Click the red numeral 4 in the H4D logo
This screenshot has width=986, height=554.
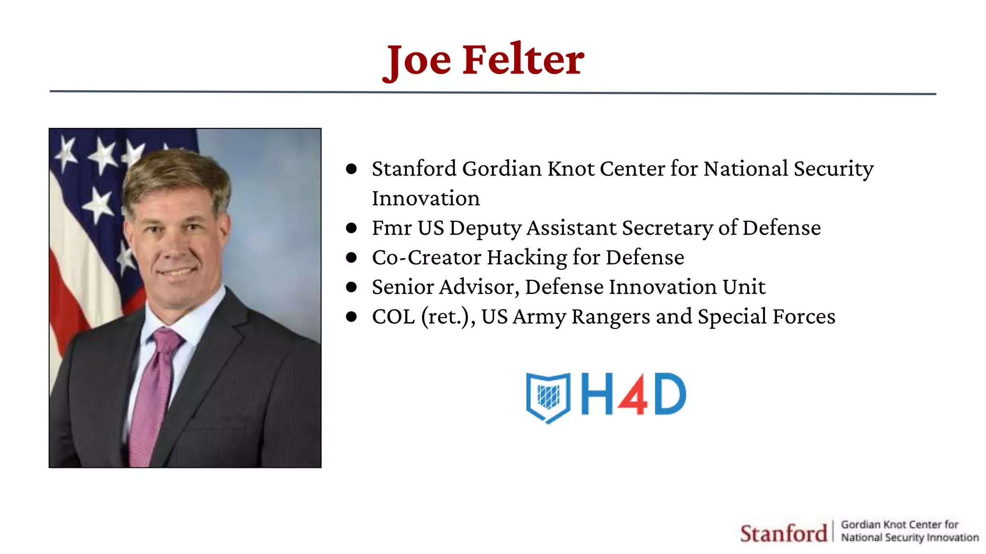click(x=633, y=394)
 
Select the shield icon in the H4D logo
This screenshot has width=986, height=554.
click(x=548, y=397)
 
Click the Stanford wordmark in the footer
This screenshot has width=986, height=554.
click(x=783, y=533)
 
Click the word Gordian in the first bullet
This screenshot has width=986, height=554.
click(x=502, y=169)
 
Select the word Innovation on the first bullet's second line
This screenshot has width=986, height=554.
click(x=426, y=199)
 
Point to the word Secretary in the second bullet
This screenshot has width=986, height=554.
click(x=667, y=228)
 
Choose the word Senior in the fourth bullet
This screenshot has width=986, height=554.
click(x=402, y=287)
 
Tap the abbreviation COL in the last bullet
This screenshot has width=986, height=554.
click(x=393, y=317)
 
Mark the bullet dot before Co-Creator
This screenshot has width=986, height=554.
click(x=351, y=258)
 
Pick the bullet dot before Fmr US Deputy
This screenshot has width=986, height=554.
click(x=351, y=228)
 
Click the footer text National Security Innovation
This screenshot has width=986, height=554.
click(x=909, y=538)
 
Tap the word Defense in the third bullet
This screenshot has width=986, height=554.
click(x=645, y=258)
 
